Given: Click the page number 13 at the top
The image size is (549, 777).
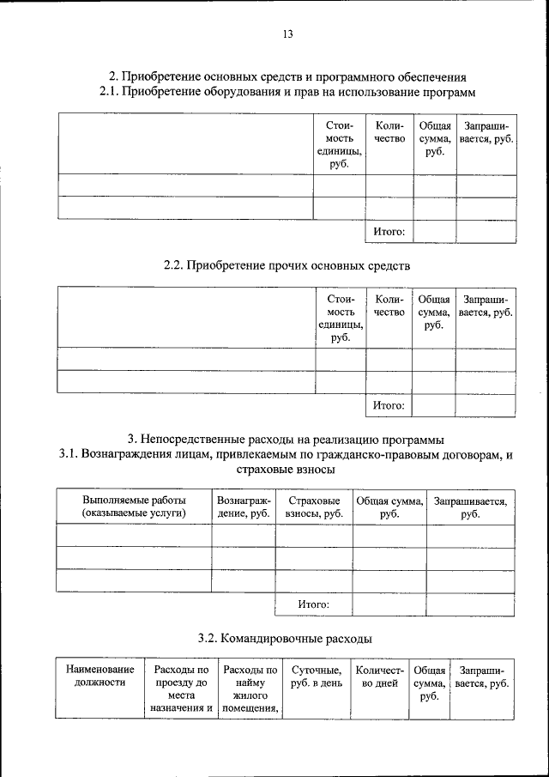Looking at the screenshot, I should [287, 34].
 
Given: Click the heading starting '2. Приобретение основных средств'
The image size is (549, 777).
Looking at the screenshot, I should [287, 76].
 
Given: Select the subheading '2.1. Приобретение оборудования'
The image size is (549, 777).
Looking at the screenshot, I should [287, 91].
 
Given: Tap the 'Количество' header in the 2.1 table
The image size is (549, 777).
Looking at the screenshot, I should [389, 132].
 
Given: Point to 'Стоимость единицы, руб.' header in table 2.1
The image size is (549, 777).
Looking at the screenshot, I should [340, 144].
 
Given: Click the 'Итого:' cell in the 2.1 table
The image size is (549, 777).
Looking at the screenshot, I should [389, 231].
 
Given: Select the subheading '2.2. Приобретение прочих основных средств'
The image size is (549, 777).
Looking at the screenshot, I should [287, 266].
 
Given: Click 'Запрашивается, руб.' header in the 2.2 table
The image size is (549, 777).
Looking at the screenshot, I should [486, 306].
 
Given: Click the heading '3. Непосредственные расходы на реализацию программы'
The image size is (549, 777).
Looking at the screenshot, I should [287, 440].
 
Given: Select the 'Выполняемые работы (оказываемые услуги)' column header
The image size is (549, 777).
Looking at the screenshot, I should [134, 506].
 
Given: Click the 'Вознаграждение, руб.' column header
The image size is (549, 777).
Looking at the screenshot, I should [244, 506].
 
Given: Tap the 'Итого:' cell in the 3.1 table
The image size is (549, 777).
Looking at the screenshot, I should [314, 604].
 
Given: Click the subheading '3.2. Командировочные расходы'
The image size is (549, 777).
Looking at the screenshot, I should [287, 638].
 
